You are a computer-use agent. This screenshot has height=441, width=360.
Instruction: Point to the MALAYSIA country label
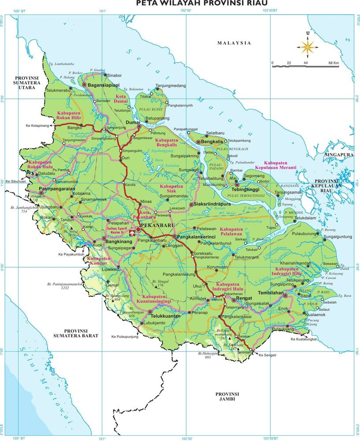point(234,43)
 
